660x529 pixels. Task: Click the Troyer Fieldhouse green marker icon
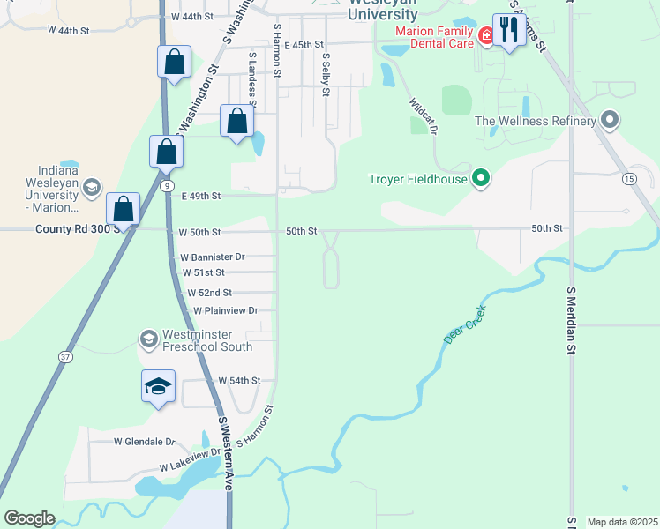481,179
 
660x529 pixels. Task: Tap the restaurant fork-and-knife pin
509,31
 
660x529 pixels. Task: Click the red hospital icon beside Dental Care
485,36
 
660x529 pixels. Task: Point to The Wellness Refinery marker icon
609,120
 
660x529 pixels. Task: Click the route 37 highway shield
65,356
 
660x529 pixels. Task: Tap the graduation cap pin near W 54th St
158,386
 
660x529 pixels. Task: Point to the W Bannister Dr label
212,257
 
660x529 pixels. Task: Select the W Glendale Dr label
145,441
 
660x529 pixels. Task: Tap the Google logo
29,518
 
